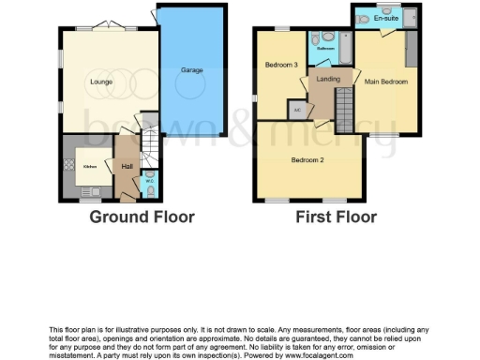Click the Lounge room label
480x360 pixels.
[101, 82]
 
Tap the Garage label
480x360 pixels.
[192, 70]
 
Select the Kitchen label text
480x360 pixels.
[90, 167]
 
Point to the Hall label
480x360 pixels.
[127, 166]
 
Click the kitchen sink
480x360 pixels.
[90, 190]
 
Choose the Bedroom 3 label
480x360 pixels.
[281, 65]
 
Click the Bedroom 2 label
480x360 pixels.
[307, 160]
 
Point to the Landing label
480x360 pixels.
[328, 80]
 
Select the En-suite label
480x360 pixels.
[385, 18]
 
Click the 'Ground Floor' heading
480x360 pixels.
[142, 217]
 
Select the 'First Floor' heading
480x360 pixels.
[336, 217]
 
